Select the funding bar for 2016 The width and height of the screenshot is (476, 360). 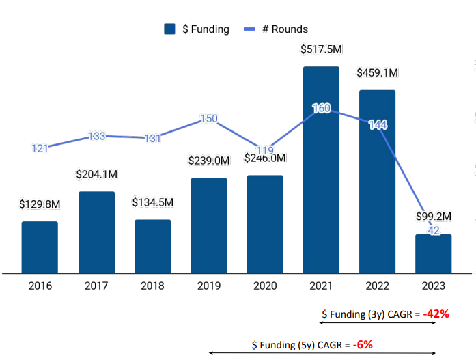click(40, 247)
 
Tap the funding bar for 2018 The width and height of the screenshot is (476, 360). click(152, 246)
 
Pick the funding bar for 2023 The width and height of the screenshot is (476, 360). click(433, 253)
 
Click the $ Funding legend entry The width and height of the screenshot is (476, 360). click(197, 29)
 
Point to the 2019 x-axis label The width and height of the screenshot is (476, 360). click(208, 286)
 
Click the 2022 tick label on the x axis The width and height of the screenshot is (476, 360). click(377, 286)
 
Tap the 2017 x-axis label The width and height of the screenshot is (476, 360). click(96, 286)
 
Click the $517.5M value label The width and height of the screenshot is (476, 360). click(321, 49)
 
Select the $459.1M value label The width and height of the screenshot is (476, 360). click(378, 72)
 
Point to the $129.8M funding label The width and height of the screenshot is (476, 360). click(40, 204)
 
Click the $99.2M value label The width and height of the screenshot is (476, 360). click(434, 217)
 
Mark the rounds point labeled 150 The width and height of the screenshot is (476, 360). click(209, 118)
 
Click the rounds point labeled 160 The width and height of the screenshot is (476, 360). click(321, 108)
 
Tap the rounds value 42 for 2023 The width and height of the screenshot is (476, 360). click(433, 231)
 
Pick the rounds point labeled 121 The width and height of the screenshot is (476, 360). click(40, 148)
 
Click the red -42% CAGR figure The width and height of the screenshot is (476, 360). click(435, 314)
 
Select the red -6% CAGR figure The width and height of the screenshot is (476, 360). click(363, 344)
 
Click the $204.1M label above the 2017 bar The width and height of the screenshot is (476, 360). click(96, 174)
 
